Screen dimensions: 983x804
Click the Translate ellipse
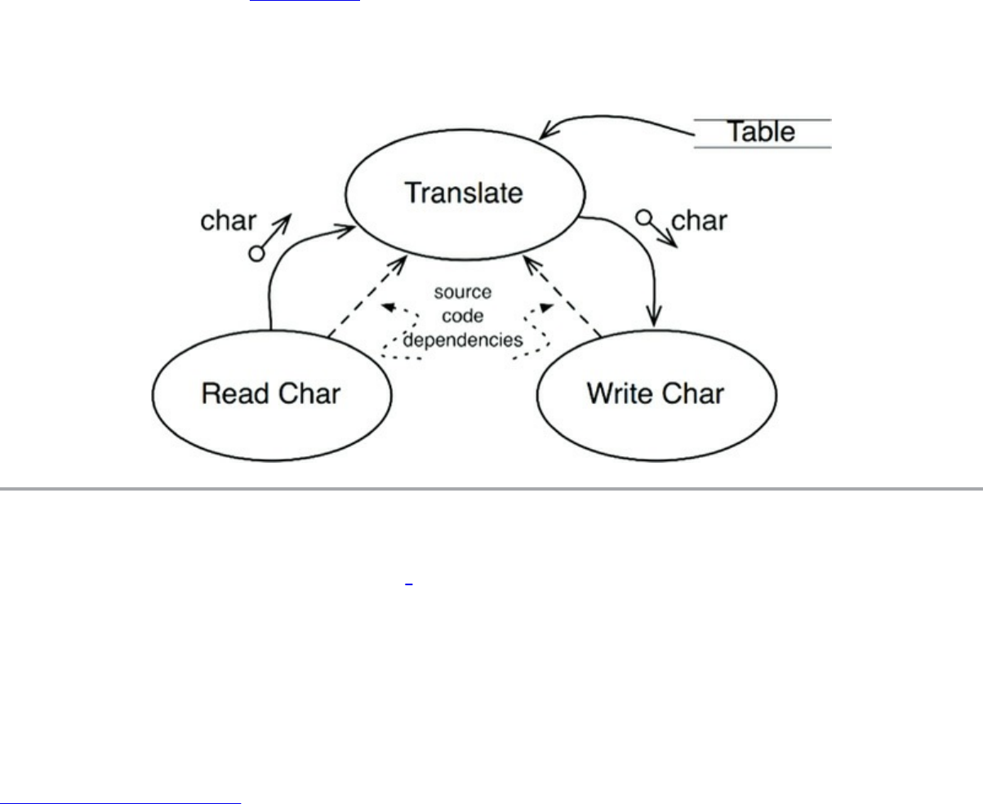(x=465, y=194)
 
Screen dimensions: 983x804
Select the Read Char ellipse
(x=272, y=394)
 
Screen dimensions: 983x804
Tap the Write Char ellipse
(x=656, y=394)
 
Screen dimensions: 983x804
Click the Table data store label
(x=761, y=132)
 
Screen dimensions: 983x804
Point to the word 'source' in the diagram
(x=462, y=292)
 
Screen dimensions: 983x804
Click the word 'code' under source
(x=462, y=316)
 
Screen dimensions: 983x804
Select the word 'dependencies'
(x=462, y=340)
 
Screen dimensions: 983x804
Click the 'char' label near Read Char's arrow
(x=229, y=221)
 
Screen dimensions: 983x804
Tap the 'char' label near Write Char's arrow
(x=698, y=220)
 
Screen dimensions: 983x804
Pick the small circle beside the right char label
(x=644, y=218)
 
